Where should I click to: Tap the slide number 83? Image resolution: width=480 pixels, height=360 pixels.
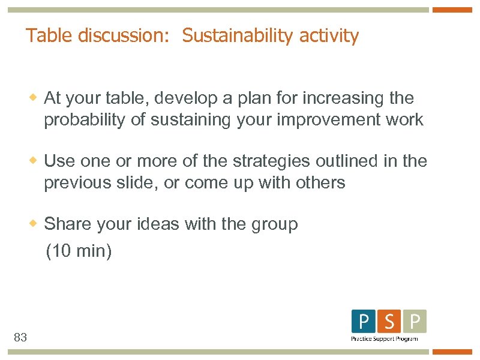pos(20,338)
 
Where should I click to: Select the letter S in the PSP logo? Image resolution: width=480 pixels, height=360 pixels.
pos(389,322)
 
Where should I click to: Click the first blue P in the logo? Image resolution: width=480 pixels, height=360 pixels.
pos(364,322)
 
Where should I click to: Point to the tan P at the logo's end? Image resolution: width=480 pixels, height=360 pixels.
pos(415,322)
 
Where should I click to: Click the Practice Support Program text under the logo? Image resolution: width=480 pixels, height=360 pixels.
pos(385,339)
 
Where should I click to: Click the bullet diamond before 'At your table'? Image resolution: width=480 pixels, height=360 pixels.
pos(35,97)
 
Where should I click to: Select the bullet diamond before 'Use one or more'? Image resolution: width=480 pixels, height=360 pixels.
pos(35,161)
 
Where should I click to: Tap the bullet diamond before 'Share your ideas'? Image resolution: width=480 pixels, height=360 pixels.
pos(35,224)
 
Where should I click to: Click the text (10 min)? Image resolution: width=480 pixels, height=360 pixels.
pos(79,251)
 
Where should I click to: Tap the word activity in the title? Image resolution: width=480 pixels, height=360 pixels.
pos(329,36)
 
